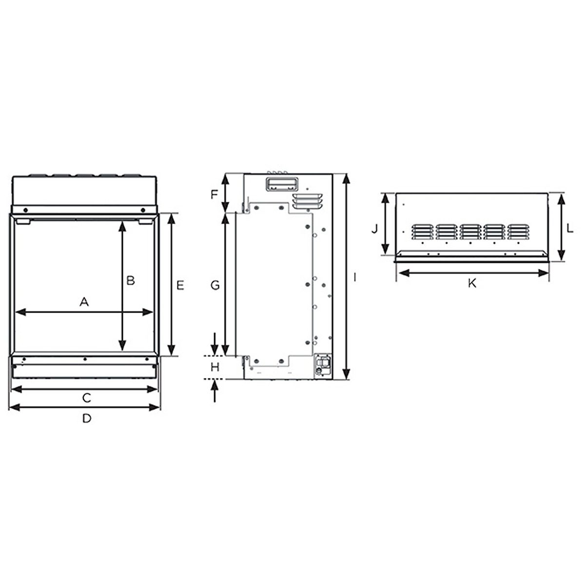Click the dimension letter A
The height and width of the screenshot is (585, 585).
pos(84,302)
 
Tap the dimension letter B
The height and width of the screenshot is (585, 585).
pos(130,280)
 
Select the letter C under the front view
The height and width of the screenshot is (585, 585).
pos(87,398)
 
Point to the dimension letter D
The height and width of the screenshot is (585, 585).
pos(87,418)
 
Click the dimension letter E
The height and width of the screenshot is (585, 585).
pos(180,285)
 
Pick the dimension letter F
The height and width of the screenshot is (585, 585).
pos(214,195)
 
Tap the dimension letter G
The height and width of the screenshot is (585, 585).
pos(215,285)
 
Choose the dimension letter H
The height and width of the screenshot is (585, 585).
pos(215,368)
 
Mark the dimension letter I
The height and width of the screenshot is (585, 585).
pos(354,277)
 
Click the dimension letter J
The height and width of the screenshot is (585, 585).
pos(374,229)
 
